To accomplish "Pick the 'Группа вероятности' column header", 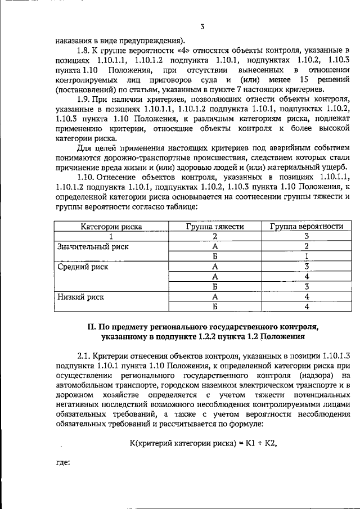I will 307,227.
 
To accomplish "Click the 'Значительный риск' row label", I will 93,246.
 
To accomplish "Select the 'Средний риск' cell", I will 83,267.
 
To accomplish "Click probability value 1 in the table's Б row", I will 307,256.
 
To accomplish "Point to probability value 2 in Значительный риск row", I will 307,246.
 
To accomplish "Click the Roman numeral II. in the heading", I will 91,326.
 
